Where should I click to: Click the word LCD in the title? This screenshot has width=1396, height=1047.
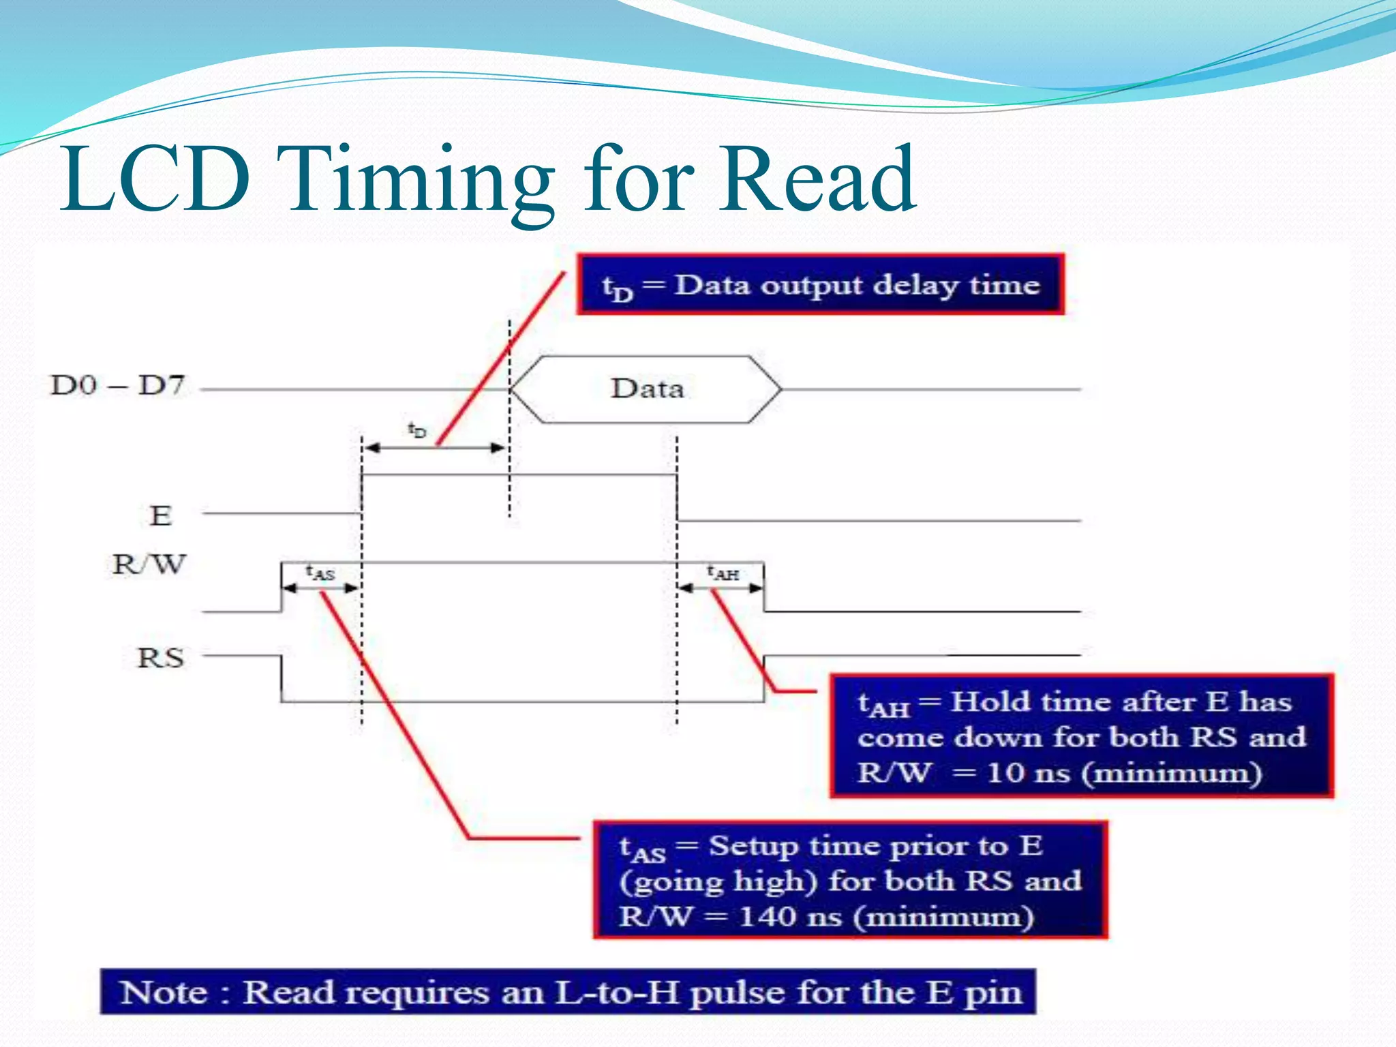click(155, 179)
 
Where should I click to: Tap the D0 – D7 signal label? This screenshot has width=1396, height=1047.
click(117, 386)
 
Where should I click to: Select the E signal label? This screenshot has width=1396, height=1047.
click(160, 516)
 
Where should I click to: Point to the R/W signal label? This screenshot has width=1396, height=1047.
click(149, 564)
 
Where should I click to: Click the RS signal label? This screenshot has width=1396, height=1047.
click(161, 658)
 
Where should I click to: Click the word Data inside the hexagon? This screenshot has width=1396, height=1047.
click(647, 389)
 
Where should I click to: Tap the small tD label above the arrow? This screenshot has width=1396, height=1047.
click(416, 430)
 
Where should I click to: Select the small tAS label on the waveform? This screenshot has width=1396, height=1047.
click(320, 573)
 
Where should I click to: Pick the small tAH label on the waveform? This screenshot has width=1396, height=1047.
click(723, 573)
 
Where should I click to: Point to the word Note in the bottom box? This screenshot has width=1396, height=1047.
click(164, 992)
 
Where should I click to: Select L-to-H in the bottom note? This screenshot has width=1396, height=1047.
click(617, 992)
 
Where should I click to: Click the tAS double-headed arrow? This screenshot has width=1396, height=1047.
click(320, 588)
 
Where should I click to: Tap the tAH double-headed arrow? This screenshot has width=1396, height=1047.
click(720, 588)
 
